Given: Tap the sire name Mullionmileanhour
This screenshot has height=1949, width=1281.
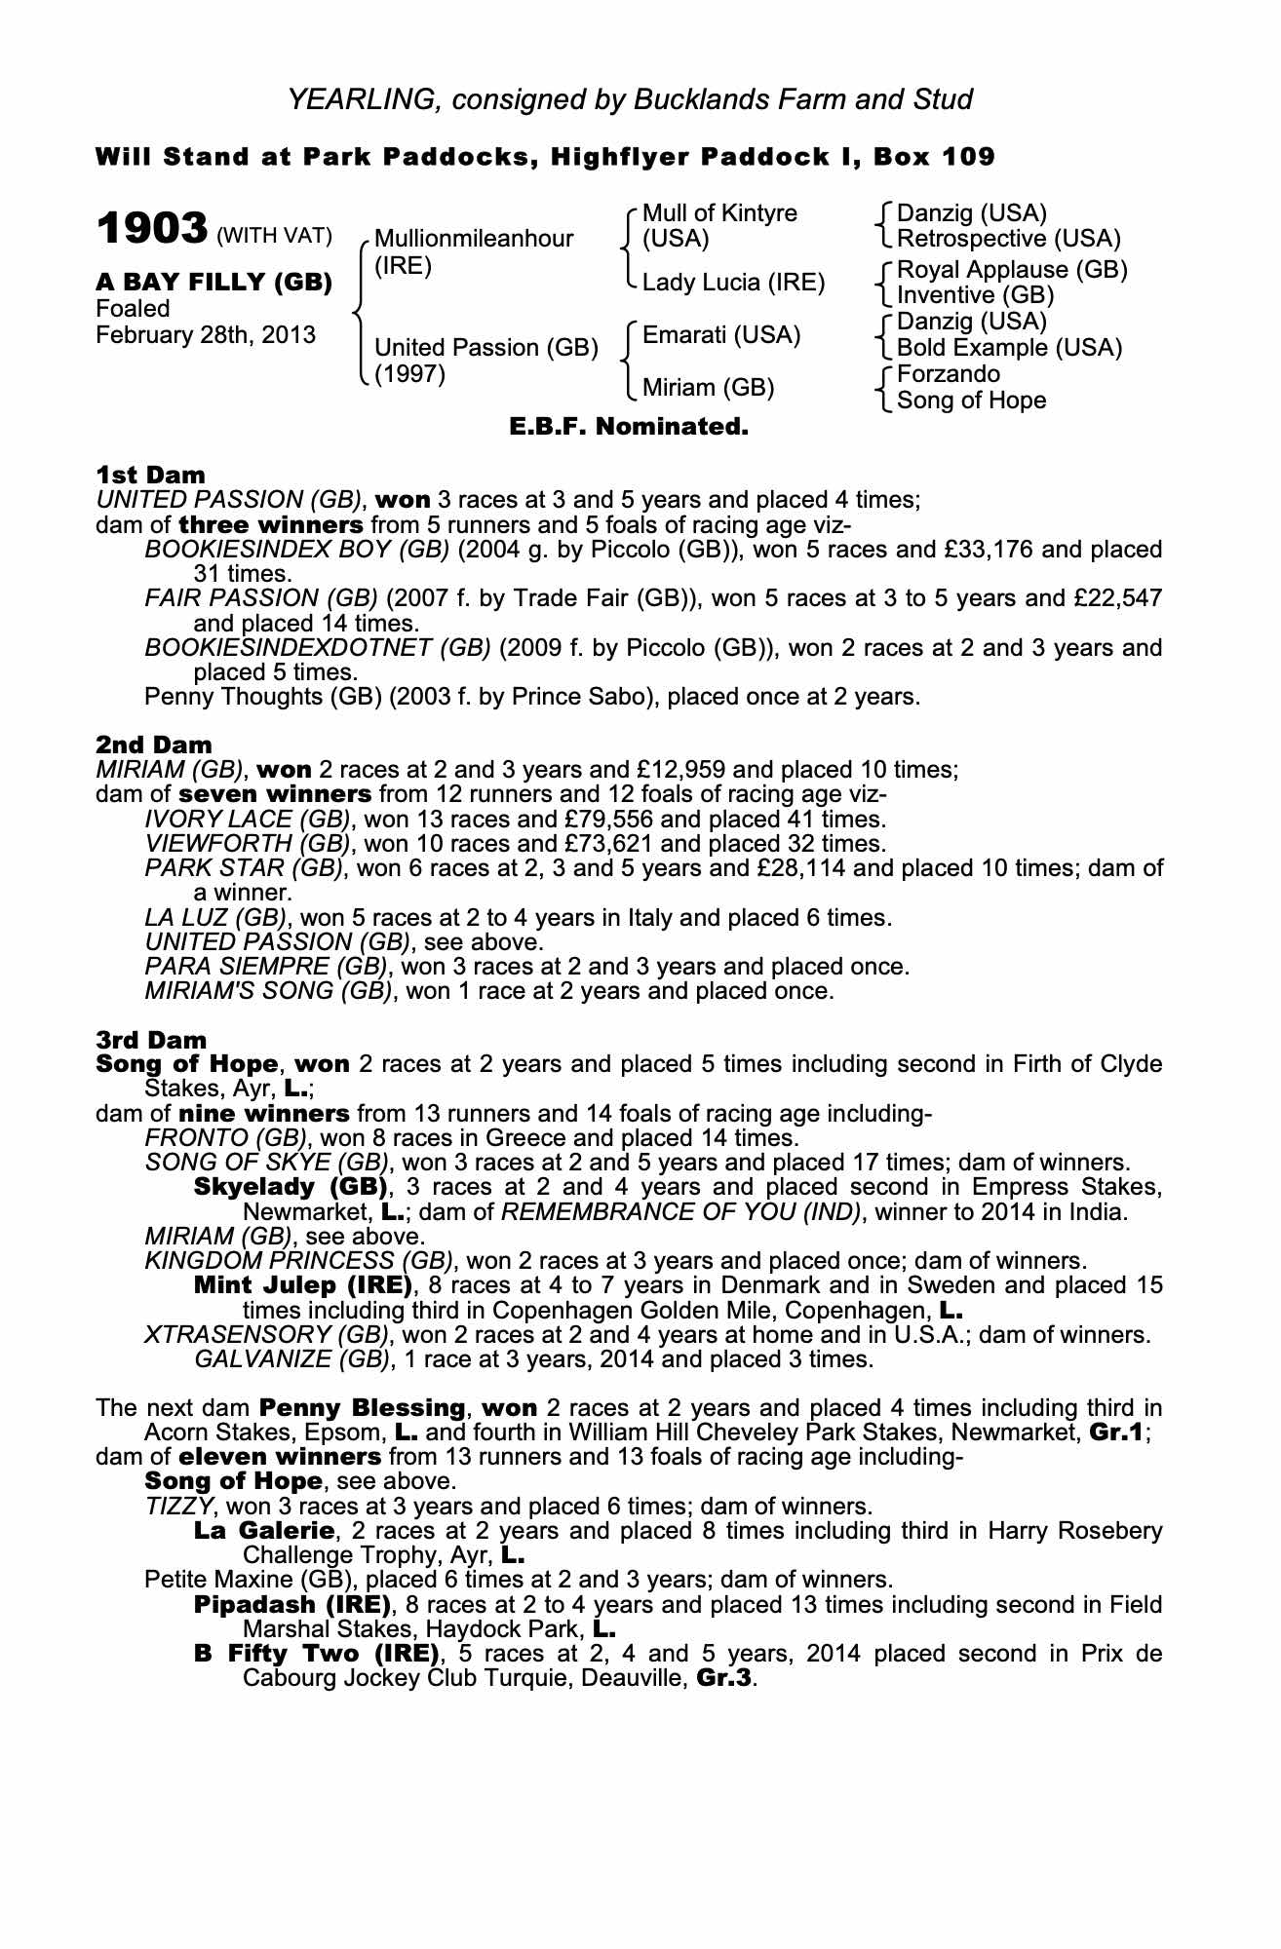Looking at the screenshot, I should (x=474, y=239).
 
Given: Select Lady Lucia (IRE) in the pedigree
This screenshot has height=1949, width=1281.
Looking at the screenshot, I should (x=733, y=283).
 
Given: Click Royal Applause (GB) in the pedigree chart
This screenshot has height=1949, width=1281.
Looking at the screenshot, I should (x=1011, y=269).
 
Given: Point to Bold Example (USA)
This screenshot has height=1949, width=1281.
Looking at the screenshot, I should (x=1009, y=348).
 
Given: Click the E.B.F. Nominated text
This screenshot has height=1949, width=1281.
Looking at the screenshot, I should (x=629, y=427).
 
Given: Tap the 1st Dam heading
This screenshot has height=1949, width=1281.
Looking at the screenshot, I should (x=150, y=475).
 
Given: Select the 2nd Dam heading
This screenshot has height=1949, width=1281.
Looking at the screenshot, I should (x=153, y=745).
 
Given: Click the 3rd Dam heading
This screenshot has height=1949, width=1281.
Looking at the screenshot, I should (x=151, y=1040).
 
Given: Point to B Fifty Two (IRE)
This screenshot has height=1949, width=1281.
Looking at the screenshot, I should (x=317, y=1654).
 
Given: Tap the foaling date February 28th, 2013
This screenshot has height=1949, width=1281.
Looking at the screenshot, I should (x=206, y=335).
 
